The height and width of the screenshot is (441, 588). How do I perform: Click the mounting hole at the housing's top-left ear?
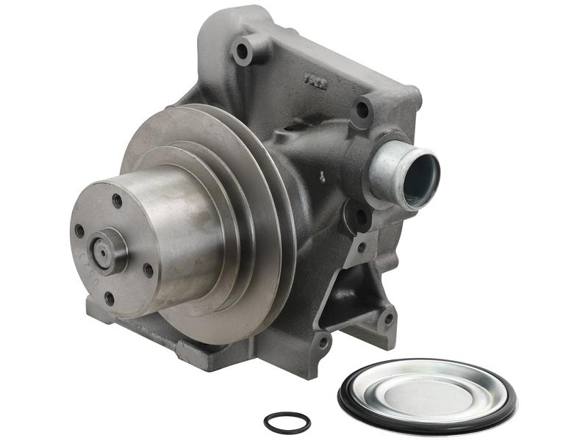pyautogui.click(x=241, y=51)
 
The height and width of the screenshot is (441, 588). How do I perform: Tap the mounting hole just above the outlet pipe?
pyautogui.click(x=362, y=111)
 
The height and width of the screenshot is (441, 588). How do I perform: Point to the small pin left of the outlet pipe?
pyautogui.click(x=322, y=175)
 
